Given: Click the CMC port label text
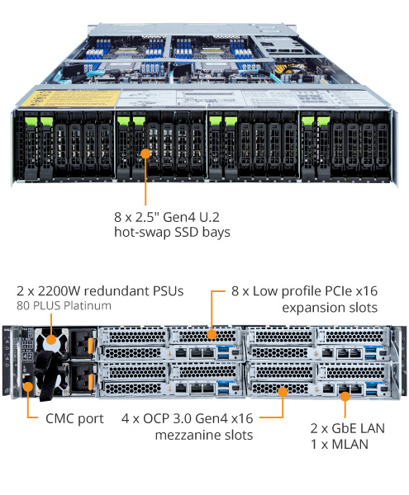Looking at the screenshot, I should click(75, 418).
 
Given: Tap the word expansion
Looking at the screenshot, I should click(310, 307).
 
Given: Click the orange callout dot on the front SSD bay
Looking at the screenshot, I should click(145, 153).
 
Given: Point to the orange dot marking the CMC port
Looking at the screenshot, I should click(28, 384).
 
